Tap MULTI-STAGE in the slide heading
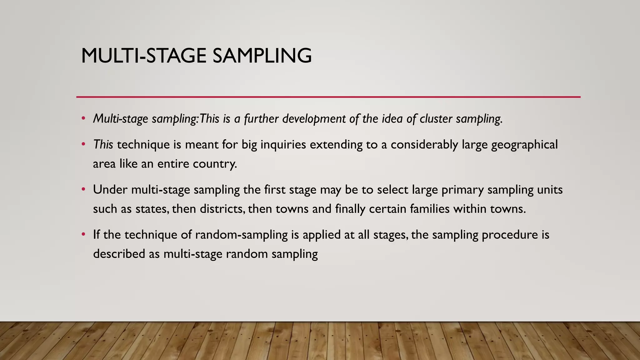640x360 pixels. (143, 56)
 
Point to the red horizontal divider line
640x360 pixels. (328, 97)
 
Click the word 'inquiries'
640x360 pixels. (283, 145)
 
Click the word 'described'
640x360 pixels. (119, 253)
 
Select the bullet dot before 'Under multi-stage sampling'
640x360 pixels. (83, 189)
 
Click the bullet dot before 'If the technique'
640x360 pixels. (83, 234)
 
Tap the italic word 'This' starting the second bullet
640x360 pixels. (103, 145)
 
